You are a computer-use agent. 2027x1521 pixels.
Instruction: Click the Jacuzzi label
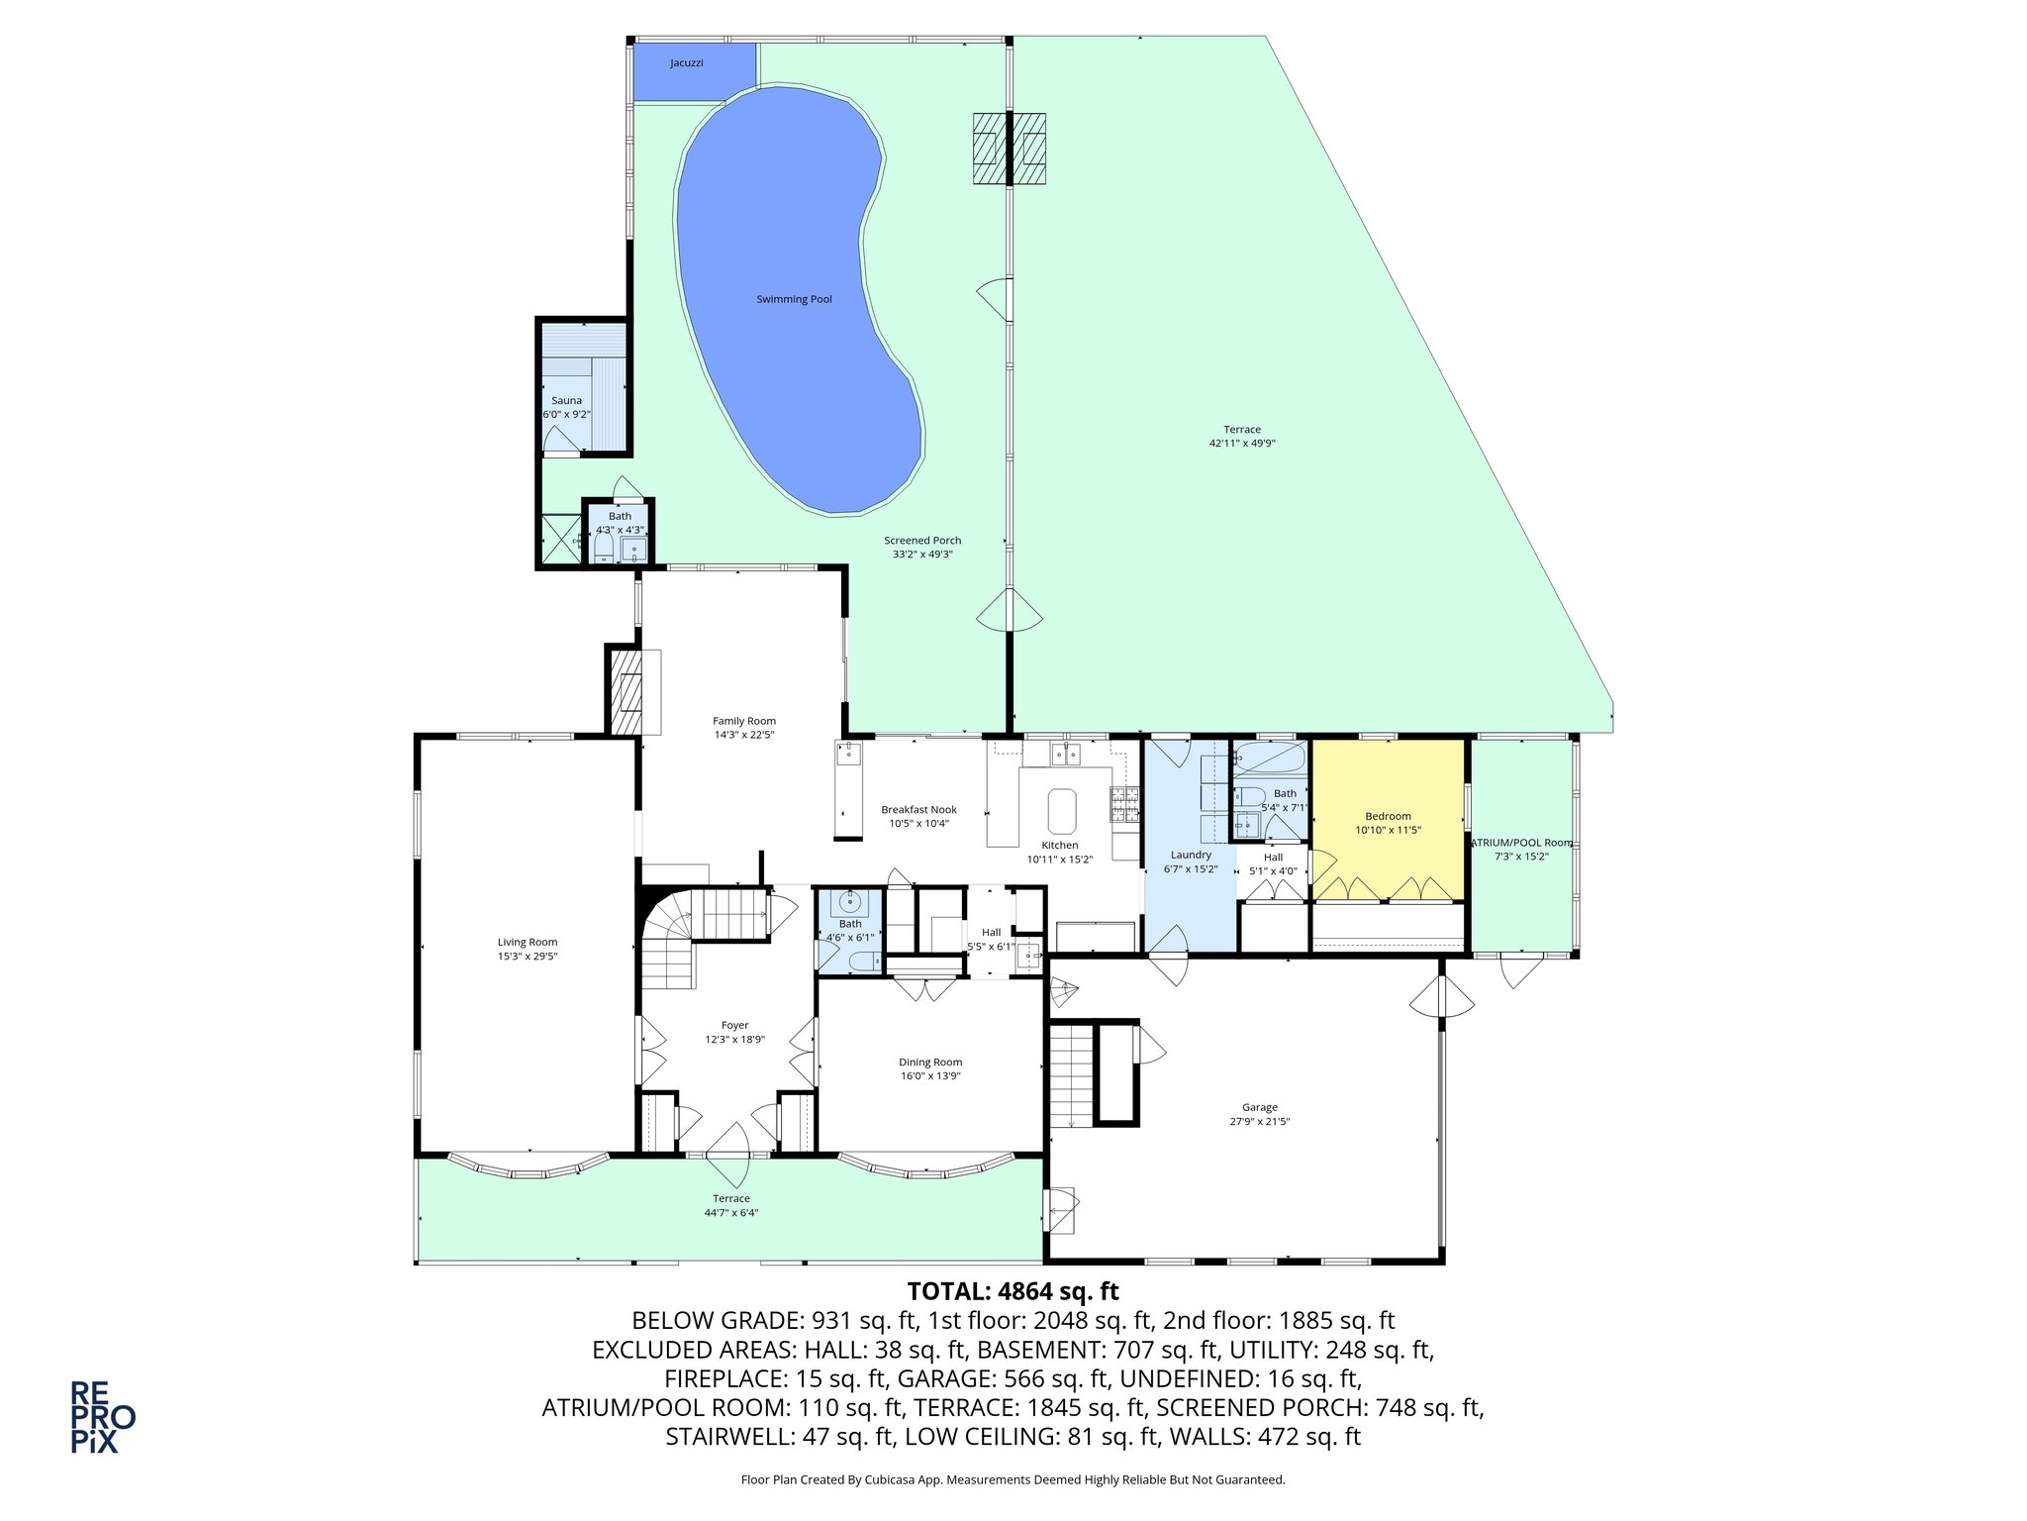point(686,63)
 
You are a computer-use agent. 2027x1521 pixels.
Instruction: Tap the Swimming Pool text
point(794,299)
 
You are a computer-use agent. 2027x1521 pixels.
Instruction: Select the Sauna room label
point(566,401)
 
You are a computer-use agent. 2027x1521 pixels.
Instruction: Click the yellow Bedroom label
point(1388,816)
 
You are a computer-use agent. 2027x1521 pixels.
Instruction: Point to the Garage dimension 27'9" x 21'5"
point(1260,1122)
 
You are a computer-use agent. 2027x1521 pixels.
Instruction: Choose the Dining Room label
point(929,1063)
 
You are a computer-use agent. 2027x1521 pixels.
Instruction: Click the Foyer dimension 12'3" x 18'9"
point(734,1040)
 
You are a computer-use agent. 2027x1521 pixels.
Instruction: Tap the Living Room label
point(527,943)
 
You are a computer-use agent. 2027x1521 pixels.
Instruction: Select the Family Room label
point(744,721)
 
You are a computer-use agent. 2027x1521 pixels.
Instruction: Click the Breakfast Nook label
point(918,810)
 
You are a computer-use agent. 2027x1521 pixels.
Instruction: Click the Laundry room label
point(1190,855)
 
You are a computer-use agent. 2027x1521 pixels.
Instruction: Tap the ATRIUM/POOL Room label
point(1521,843)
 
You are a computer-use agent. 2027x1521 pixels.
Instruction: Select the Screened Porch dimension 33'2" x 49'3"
point(922,555)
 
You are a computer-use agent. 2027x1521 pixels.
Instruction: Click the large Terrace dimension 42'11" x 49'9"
point(1241,444)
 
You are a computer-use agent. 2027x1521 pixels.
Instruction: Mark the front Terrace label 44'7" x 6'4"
point(731,1205)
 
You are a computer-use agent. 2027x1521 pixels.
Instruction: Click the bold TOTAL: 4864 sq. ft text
point(1013,1291)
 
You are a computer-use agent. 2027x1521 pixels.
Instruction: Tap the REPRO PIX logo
point(102,1417)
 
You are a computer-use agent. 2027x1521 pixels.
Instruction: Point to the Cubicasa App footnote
point(1013,1479)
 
